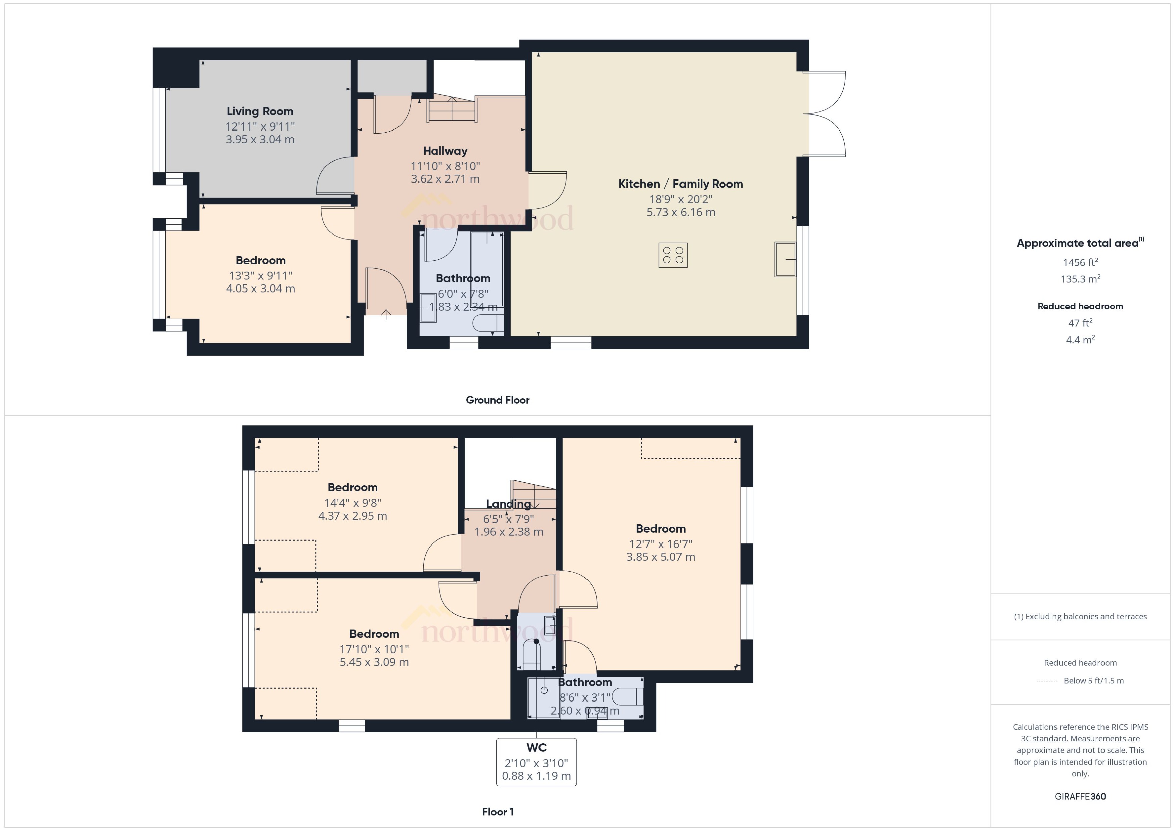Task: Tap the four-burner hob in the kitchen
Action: tap(673, 255)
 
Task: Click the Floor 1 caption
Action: tap(498, 812)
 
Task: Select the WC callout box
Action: tap(536, 762)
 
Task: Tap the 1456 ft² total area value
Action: tap(1080, 262)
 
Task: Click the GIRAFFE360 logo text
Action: tap(1080, 797)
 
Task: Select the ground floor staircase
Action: tap(452, 109)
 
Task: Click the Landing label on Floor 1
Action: tap(508, 504)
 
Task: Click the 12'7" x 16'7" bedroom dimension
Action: tap(660, 544)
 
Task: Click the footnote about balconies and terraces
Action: tap(1080, 617)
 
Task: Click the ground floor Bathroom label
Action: tap(463, 279)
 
